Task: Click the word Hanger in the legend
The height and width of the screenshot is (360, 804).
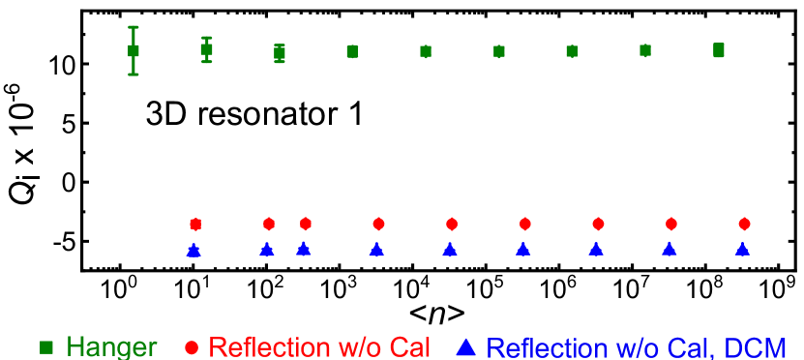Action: click(111, 347)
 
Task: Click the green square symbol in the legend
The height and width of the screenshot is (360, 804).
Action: click(45, 346)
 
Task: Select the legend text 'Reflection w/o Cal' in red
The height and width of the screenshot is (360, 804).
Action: click(319, 347)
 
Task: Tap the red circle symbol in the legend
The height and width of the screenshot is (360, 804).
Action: click(192, 346)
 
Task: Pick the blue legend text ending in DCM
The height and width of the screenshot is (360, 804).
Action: click(636, 347)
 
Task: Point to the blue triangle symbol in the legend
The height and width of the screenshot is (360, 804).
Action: click(466, 346)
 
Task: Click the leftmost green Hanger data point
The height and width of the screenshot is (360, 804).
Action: click(134, 50)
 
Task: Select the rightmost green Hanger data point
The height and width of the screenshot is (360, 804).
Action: click(718, 50)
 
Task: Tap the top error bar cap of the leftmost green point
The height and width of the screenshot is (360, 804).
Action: click(134, 27)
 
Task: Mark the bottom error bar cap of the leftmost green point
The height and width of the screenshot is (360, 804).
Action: click(134, 74)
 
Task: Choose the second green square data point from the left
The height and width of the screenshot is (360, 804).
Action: click(206, 49)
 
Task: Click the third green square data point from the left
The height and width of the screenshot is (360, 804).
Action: click(280, 53)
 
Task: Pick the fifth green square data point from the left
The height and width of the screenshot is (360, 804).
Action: click(426, 51)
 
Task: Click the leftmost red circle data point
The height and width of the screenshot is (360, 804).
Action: click(195, 225)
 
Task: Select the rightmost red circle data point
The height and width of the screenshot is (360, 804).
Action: click(744, 224)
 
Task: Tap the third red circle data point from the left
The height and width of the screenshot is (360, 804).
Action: click(306, 224)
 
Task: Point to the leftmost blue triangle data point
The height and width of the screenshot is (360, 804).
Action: click(194, 251)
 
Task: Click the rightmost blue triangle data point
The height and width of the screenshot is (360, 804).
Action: click(742, 249)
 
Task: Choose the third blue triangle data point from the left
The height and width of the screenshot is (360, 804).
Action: click(303, 249)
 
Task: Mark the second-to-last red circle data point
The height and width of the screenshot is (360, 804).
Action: click(671, 224)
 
